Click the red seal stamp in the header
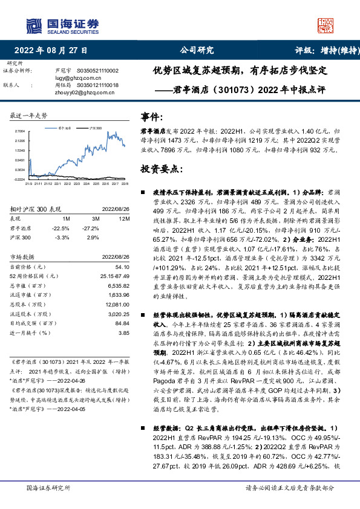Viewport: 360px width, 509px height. pos(327,26)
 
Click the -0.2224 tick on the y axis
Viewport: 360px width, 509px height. pos(19,179)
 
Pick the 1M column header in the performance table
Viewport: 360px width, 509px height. pos(67,218)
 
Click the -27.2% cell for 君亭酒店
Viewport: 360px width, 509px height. pos(91,229)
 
